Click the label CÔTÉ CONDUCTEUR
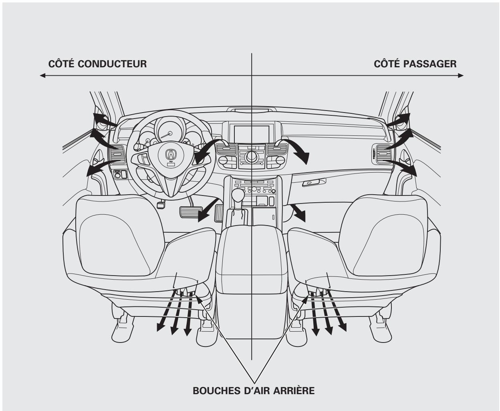point(97,64)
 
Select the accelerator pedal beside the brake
point(219,213)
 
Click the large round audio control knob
point(252,155)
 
